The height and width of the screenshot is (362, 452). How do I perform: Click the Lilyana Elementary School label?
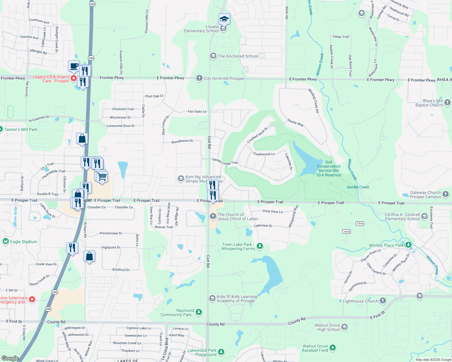[x=201, y=29]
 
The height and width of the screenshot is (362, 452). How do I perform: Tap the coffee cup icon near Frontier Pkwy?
[x=74, y=66]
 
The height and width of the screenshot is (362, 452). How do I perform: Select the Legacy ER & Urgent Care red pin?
[x=73, y=78]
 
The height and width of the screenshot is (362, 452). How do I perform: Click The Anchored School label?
[x=238, y=56]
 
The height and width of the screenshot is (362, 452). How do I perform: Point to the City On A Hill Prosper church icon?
[x=199, y=78]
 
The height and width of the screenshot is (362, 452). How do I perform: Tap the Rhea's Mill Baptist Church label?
[x=429, y=103]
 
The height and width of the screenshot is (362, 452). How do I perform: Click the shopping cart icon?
[x=102, y=176]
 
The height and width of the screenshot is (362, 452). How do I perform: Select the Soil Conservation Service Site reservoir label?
[x=329, y=168]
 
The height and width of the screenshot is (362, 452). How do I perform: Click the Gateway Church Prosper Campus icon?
[x=446, y=194]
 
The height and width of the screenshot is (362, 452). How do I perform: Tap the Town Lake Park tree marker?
[x=260, y=246]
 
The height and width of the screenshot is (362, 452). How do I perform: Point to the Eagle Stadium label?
[x=24, y=242]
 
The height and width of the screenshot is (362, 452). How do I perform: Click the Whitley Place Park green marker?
[x=408, y=244]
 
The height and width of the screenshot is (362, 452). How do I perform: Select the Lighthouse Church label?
[x=360, y=301]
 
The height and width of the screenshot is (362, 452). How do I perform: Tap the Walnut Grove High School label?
[x=327, y=327]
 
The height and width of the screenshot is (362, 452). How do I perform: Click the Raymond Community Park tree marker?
[x=199, y=312]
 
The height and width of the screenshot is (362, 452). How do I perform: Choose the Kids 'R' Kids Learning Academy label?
[x=237, y=299]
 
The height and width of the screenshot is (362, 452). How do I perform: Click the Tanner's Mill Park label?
[x=21, y=129]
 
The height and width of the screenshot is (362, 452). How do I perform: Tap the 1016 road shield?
[x=360, y=224]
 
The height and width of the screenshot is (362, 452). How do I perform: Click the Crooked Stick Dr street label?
[x=257, y=135]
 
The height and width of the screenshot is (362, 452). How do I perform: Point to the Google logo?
[x=10, y=358]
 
